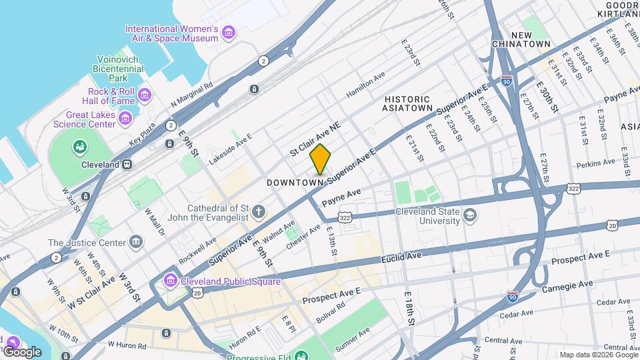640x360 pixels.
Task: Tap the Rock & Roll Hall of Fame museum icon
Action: (x=144, y=97)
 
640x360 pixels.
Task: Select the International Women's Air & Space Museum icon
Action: (x=229, y=33)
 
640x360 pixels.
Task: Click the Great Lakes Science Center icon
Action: (x=125, y=119)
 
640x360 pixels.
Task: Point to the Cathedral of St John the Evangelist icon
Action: (x=258, y=213)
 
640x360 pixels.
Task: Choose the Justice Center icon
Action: (x=137, y=241)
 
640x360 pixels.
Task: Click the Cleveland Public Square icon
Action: (x=170, y=281)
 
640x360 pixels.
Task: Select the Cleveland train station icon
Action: (x=127, y=164)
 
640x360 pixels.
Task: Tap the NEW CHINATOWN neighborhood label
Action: (x=531, y=39)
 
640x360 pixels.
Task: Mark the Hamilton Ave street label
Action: (x=365, y=86)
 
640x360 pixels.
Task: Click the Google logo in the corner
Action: (x=23, y=351)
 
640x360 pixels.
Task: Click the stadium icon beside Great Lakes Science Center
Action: (x=80, y=146)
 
